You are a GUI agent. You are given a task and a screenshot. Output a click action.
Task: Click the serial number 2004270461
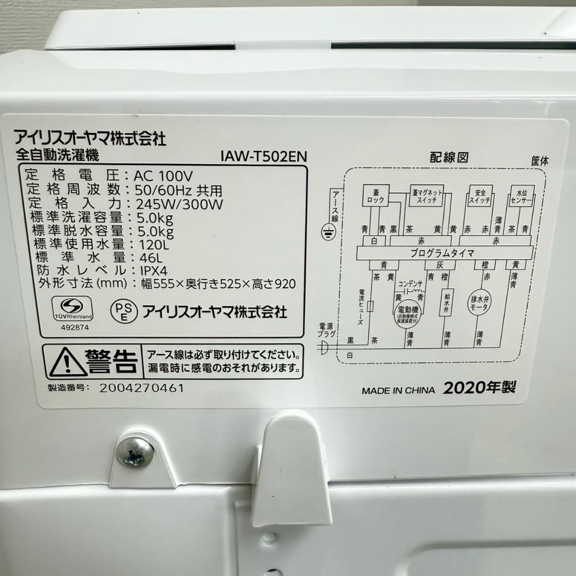[142, 388]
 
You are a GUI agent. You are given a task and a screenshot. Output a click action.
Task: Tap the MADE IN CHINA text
[398, 390]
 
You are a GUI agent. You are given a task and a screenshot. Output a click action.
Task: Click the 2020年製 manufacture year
[479, 388]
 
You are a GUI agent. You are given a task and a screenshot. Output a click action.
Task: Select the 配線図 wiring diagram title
[449, 157]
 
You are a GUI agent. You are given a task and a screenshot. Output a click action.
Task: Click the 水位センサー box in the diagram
[521, 197]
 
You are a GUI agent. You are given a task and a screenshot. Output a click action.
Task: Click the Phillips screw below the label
[134, 451]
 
